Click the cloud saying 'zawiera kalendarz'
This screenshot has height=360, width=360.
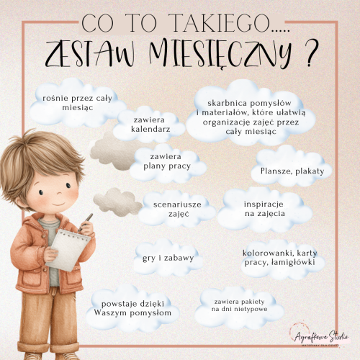[150, 124]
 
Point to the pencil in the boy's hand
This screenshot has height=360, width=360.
[87, 220]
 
